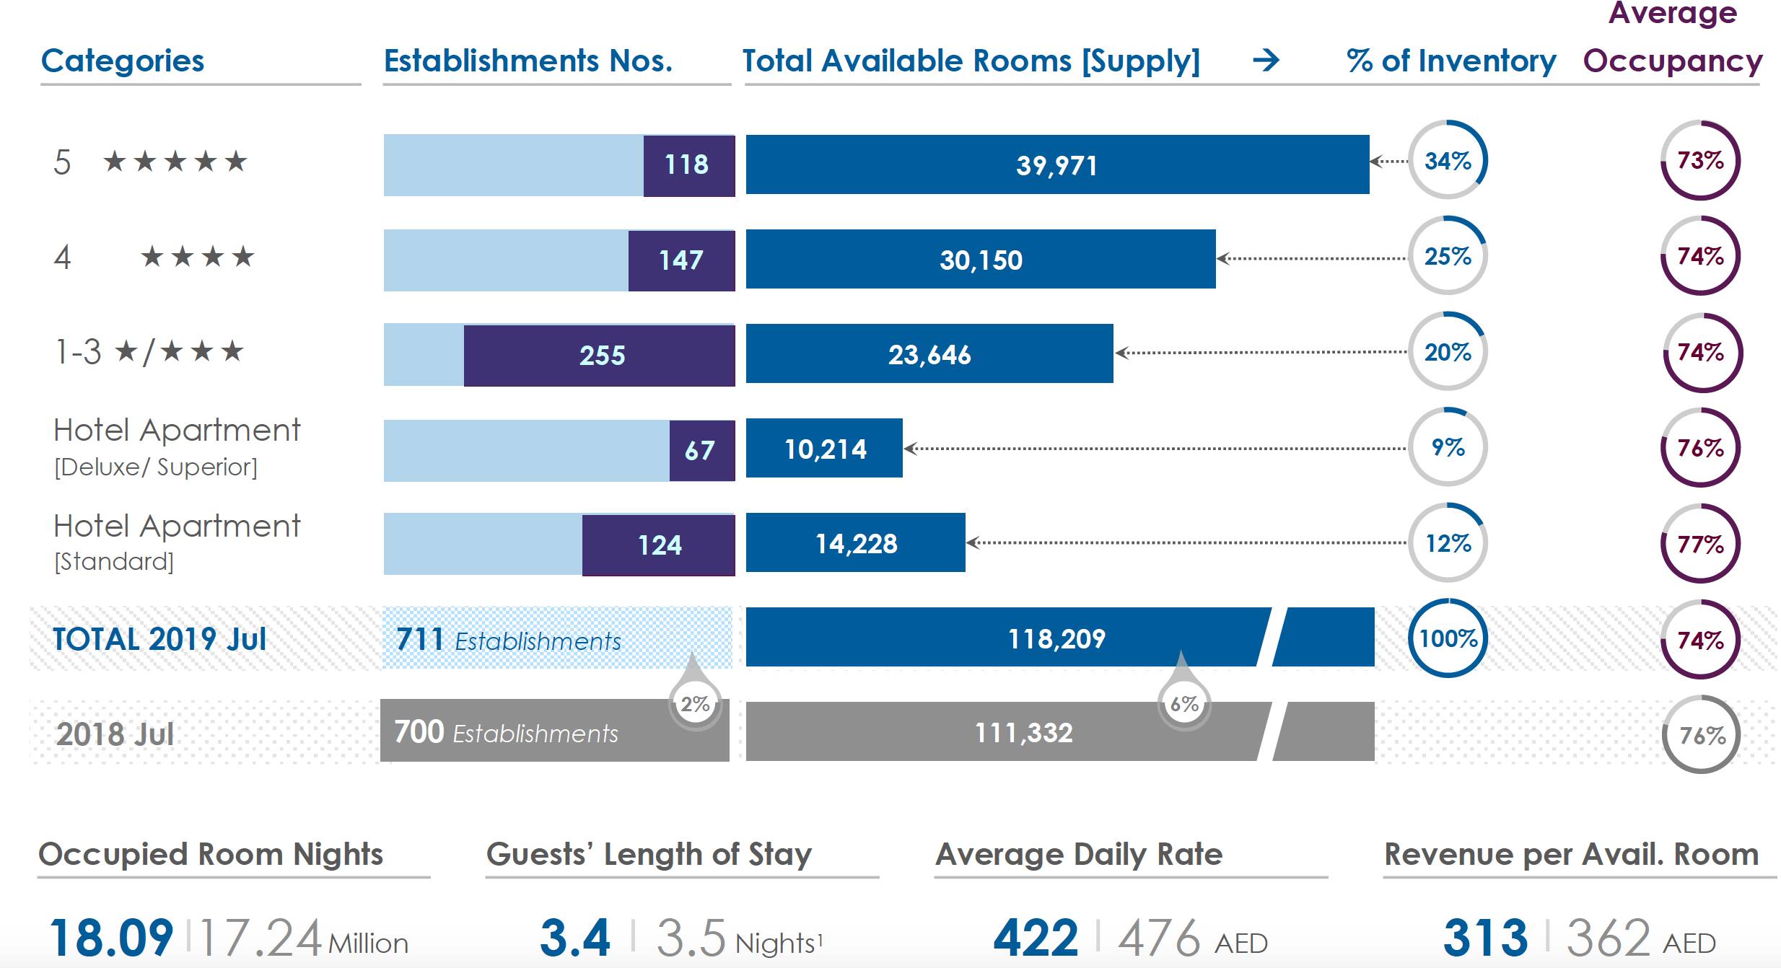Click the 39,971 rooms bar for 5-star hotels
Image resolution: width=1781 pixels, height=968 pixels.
pyautogui.click(x=1056, y=164)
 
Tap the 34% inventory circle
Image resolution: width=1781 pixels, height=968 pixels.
pyautogui.click(x=1448, y=160)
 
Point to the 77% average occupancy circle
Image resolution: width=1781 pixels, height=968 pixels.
pyautogui.click(x=1700, y=544)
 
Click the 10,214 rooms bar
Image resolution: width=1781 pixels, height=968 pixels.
pyautogui.click(x=824, y=449)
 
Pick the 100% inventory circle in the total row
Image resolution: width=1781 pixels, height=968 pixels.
pyautogui.click(x=1448, y=638)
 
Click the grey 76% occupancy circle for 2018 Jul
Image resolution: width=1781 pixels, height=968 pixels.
pyautogui.click(x=1701, y=735)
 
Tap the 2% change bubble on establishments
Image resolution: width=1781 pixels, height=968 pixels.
pyautogui.click(x=695, y=703)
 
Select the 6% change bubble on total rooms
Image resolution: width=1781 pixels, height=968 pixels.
pyautogui.click(x=1183, y=703)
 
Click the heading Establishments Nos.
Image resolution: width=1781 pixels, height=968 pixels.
pyautogui.click(x=528, y=61)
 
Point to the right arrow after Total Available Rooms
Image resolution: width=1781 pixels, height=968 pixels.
pyautogui.click(x=1266, y=61)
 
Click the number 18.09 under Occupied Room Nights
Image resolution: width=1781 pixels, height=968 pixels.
pyautogui.click(x=111, y=937)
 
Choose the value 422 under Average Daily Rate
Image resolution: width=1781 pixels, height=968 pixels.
pyautogui.click(x=1036, y=937)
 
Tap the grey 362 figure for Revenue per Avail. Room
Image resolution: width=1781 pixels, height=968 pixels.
pyautogui.click(x=1609, y=937)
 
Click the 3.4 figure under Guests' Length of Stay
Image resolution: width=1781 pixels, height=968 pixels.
pyautogui.click(x=575, y=937)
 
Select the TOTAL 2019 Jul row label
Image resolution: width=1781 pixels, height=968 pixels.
pyautogui.click(x=159, y=639)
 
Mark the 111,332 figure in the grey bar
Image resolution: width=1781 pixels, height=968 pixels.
pyautogui.click(x=1023, y=733)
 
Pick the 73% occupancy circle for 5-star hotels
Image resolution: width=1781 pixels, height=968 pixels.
pyautogui.click(x=1700, y=160)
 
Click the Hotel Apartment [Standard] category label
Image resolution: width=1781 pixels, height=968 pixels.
pyautogui.click(x=177, y=541)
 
